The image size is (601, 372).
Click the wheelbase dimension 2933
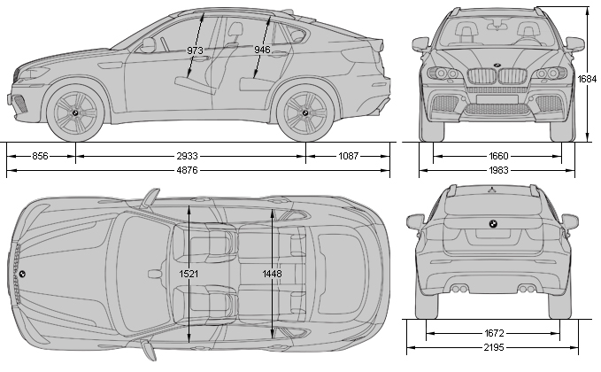191,156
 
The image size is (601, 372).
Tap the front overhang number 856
40,156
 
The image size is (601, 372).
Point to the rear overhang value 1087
349,156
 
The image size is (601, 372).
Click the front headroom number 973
196,50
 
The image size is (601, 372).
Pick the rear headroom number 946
262,50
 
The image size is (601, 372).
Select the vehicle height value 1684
588,79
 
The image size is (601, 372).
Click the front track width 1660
497,156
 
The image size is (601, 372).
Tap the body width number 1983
497,170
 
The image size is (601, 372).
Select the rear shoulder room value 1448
273,274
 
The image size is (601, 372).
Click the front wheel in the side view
76,115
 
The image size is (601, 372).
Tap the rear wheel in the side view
305,115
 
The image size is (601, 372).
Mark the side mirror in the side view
148,43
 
